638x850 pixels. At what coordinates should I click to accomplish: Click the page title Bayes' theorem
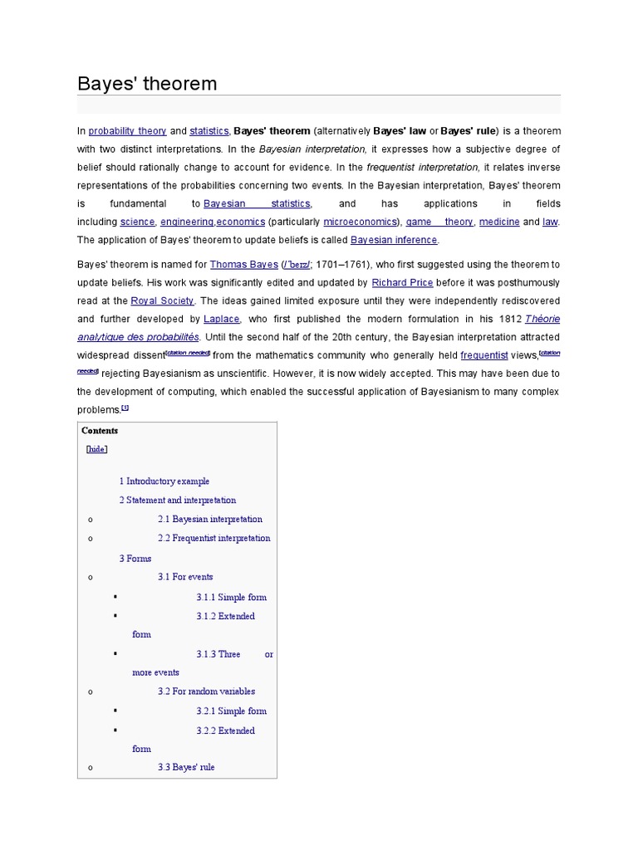pos(147,84)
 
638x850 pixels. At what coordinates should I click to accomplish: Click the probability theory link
pos(128,131)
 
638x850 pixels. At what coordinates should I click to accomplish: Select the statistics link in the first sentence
pos(209,131)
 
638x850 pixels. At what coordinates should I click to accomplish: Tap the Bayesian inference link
pos(394,240)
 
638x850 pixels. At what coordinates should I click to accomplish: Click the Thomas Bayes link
pos(244,265)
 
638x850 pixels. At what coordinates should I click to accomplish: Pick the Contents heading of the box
pos(100,431)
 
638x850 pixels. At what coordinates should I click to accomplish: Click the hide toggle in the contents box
pos(97,449)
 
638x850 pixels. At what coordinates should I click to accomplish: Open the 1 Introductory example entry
pos(164,481)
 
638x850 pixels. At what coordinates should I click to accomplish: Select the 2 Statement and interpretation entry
pos(177,501)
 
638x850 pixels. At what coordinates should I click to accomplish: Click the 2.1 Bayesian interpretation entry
pos(207,520)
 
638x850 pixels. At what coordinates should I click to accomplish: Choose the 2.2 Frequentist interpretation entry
pos(213,539)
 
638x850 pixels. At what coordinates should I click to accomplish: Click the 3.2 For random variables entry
pos(206,691)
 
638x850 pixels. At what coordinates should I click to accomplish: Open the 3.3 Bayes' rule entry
pos(186,768)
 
